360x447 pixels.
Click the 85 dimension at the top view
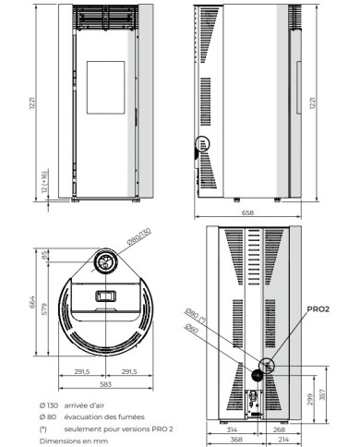[44, 256]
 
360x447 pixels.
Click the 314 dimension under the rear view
[230, 431]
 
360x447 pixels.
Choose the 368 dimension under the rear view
[234, 441]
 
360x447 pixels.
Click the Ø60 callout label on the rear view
[191, 329]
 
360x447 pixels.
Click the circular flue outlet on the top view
[104, 263]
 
